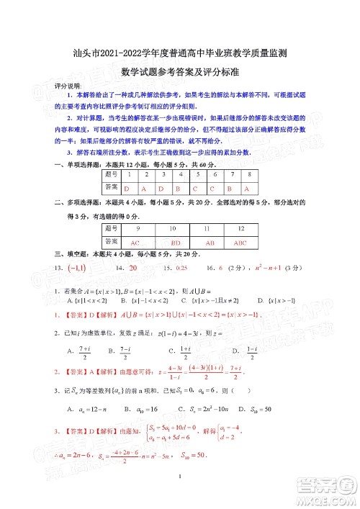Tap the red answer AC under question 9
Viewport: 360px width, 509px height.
[x=134, y=243]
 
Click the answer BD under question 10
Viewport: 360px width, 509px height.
[x=175, y=243]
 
